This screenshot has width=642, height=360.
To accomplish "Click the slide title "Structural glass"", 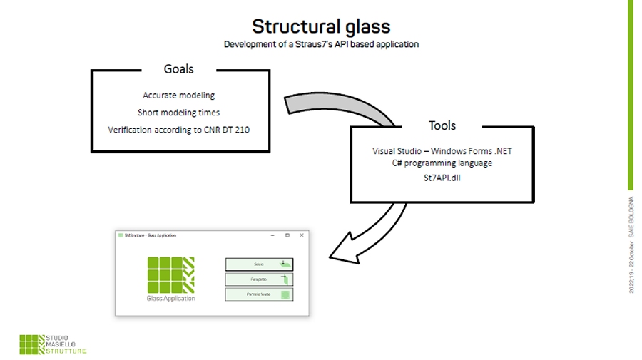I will (321, 26).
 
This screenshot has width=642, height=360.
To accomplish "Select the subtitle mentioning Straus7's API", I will (321, 44).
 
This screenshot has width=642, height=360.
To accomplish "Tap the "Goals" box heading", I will (178, 69).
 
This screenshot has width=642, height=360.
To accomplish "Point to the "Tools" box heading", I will (442, 125).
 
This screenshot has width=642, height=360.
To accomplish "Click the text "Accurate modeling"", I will (178, 95).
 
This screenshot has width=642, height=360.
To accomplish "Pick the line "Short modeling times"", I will (178, 112).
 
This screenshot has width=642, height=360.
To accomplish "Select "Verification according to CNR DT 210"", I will (178, 130).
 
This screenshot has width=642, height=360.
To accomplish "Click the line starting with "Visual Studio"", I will (442, 151).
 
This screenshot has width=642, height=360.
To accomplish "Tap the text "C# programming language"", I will (442, 163).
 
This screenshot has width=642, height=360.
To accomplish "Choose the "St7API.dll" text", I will (442, 177).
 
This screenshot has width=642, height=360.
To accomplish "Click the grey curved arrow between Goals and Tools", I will (342, 107).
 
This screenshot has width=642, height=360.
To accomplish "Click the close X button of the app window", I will (302, 235).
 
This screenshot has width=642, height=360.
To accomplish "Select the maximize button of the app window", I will (287, 235).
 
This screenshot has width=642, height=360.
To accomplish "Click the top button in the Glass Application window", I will (259, 264).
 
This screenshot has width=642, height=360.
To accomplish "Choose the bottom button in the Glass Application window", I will (259, 294).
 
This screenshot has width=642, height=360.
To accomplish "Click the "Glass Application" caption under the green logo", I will (170, 299).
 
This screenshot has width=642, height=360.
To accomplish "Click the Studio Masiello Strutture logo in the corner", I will (53, 344).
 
